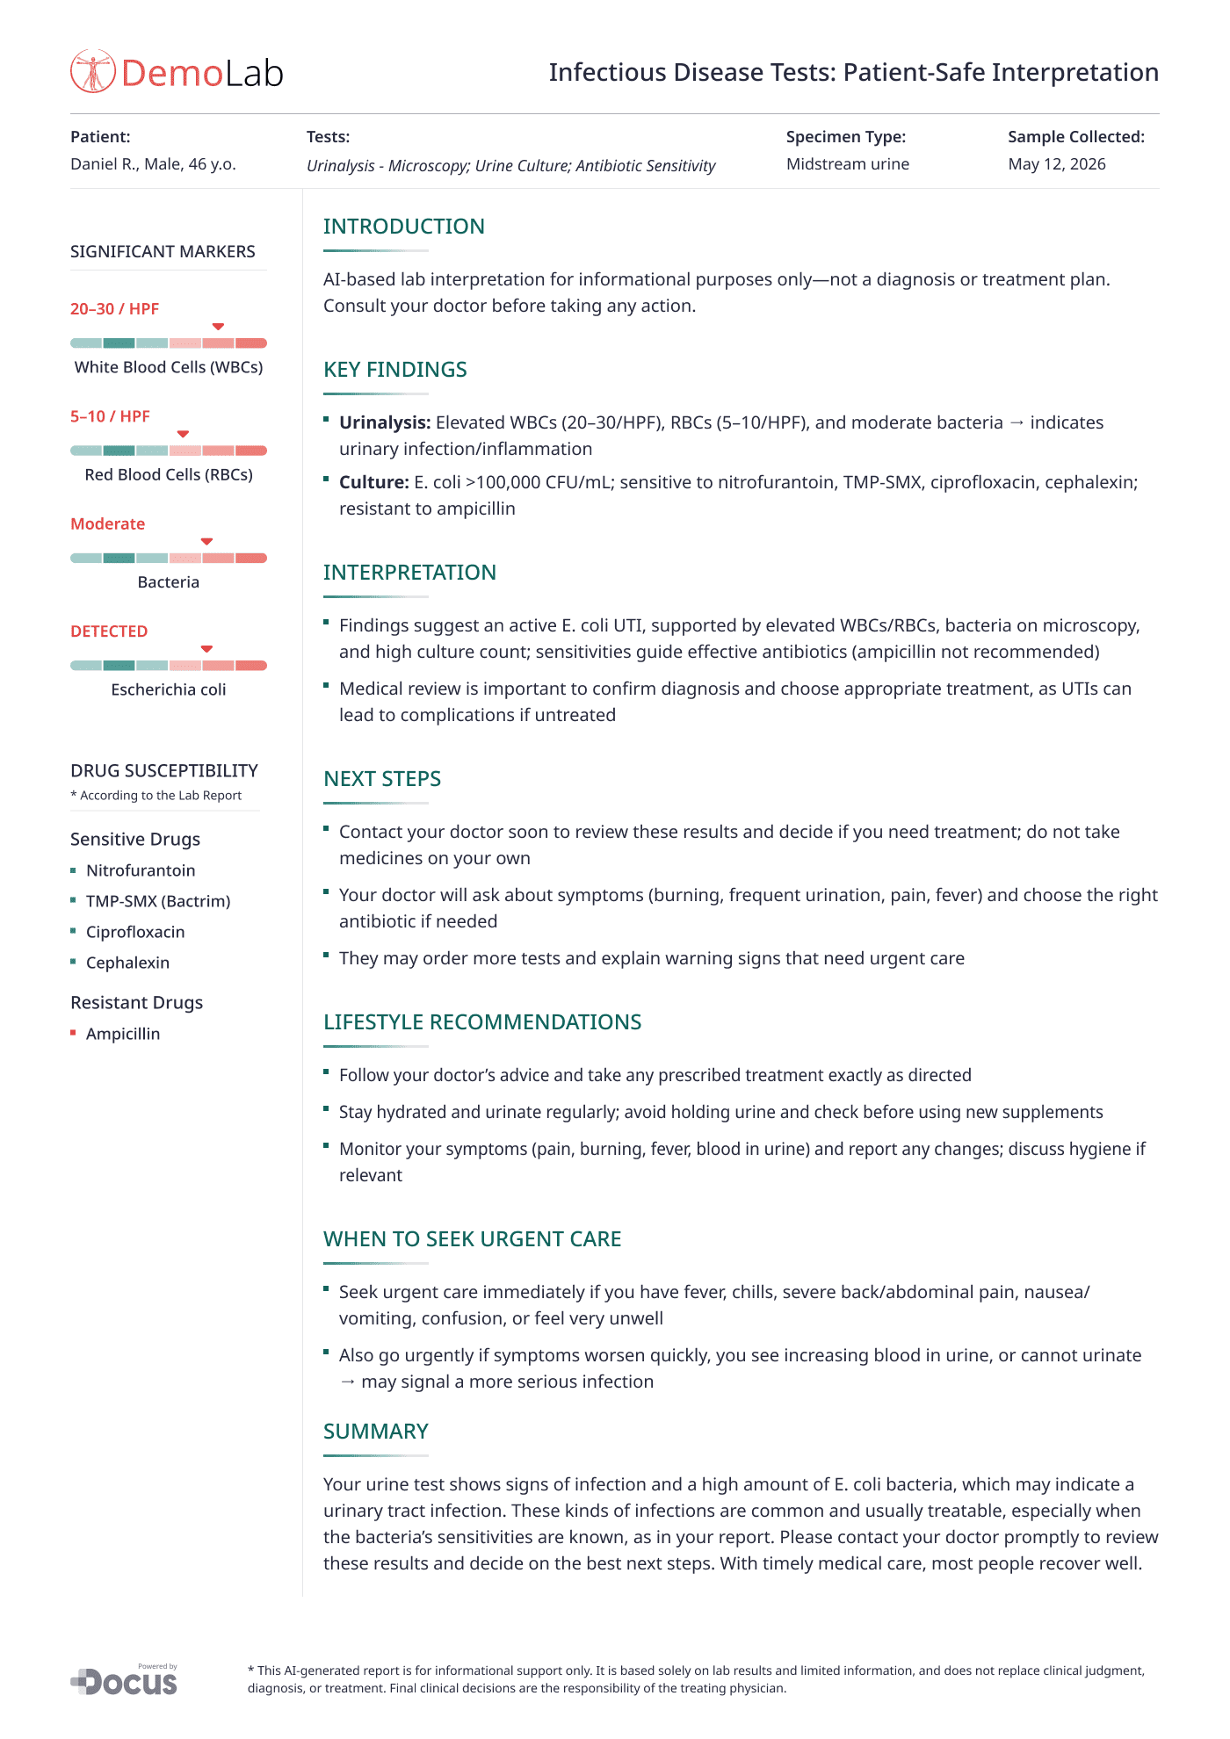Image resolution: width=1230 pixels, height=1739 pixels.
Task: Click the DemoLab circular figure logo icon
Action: [x=92, y=71]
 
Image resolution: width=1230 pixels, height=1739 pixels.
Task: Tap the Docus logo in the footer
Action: [x=125, y=1681]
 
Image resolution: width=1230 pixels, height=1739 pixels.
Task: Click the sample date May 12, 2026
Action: [x=1056, y=164]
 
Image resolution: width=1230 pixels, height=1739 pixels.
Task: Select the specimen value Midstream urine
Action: [x=847, y=164]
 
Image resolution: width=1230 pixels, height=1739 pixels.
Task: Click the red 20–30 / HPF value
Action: [x=114, y=309]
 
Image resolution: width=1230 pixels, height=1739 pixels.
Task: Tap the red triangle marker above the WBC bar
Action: [x=218, y=327]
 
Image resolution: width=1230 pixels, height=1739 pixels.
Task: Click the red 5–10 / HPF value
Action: [x=110, y=416]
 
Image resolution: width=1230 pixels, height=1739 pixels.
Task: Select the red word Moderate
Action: [x=107, y=524]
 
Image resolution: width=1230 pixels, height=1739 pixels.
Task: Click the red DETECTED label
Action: [x=109, y=631]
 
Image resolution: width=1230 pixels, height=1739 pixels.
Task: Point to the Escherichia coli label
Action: [x=169, y=690]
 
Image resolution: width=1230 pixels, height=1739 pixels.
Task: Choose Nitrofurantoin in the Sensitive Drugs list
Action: [x=141, y=870]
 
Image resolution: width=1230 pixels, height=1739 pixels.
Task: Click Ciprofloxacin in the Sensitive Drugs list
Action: [x=135, y=932]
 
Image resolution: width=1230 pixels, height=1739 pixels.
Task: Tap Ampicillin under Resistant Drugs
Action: [x=123, y=1034]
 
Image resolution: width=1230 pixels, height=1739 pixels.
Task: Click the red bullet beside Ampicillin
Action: [x=74, y=1033]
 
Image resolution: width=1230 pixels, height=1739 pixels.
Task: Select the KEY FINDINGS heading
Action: [x=394, y=370]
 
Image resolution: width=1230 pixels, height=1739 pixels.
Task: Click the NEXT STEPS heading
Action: [x=382, y=779]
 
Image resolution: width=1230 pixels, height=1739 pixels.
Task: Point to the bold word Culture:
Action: [x=374, y=482]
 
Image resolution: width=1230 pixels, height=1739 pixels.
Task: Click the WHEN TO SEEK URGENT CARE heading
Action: [x=472, y=1239]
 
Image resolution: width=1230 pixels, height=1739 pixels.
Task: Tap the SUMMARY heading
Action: [x=375, y=1432]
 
